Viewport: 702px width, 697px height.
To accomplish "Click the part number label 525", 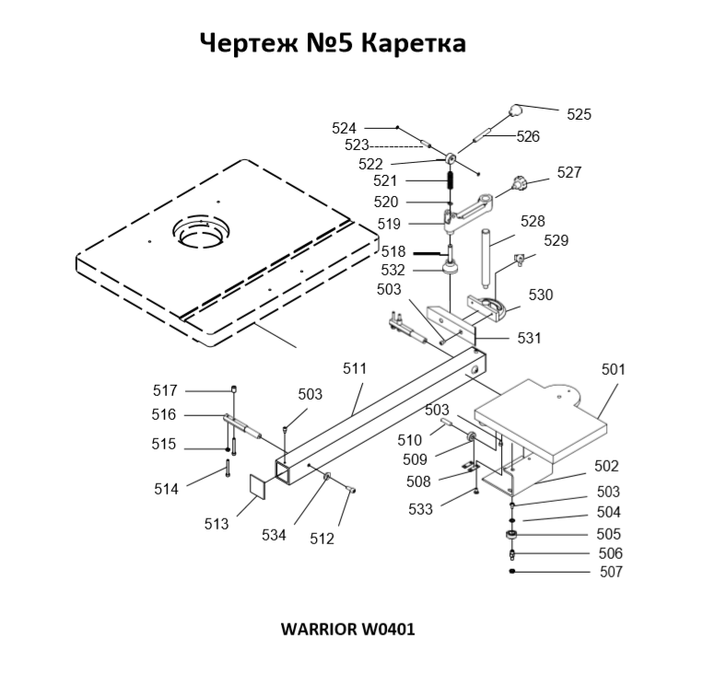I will [579, 114].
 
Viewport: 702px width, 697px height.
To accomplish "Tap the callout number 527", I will [568, 172].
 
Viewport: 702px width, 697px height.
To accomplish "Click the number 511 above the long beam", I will [355, 368].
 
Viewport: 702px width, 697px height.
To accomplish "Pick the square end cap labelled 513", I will [254, 486].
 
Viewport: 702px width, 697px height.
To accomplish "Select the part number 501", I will [613, 369].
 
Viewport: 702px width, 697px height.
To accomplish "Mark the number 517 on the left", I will [165, 390].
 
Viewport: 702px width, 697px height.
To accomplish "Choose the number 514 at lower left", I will [167, 490].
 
